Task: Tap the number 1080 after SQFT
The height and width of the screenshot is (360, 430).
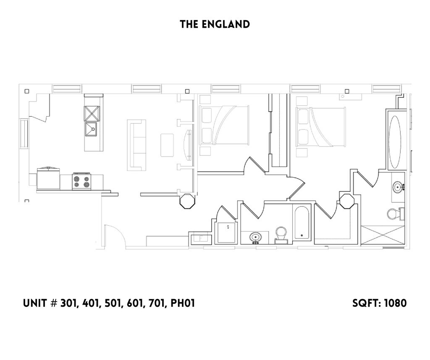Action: [x=394, y=303]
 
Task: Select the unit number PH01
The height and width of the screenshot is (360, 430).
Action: [x=182, y=303]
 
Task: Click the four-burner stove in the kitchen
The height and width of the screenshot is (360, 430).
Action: [x=82, y=181]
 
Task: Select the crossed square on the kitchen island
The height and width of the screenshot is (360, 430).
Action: [x=92, y=113]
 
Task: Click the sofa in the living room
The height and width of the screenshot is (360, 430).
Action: [x=136, y=145]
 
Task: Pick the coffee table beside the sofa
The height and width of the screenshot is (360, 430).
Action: [x=167, y=145]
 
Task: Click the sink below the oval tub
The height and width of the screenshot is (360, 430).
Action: [x=398, y=187]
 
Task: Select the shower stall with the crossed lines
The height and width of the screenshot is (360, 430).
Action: [x=383, y=235]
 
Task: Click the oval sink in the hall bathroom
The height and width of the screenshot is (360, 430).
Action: [x=255, y=237]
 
